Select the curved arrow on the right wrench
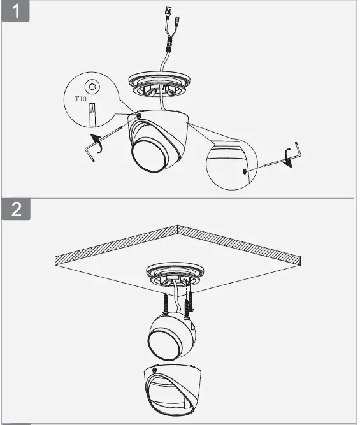(292, 155)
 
